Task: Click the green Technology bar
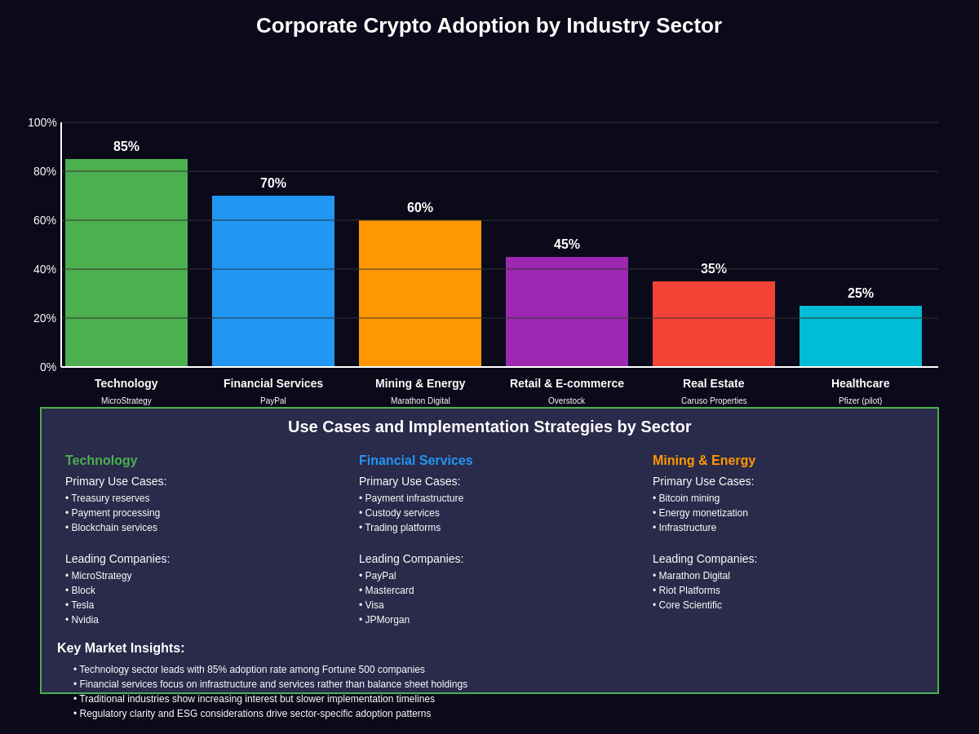126,263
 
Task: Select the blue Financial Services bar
273,281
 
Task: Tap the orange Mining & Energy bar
420,294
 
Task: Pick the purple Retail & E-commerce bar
567,312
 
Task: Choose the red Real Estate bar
714,324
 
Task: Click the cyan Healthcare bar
861,336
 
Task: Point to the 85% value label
126,147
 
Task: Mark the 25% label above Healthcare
861,294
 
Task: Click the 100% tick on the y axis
42,122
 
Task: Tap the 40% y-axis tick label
45,269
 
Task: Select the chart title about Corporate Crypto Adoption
489,25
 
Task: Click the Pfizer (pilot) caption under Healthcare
860,401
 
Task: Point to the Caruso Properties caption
714,401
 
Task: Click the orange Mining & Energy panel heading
704,461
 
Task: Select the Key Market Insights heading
121,648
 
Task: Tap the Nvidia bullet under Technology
84,620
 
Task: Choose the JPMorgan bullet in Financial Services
387,620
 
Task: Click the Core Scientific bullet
689,605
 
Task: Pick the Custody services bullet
401,513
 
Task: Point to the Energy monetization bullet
702,513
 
